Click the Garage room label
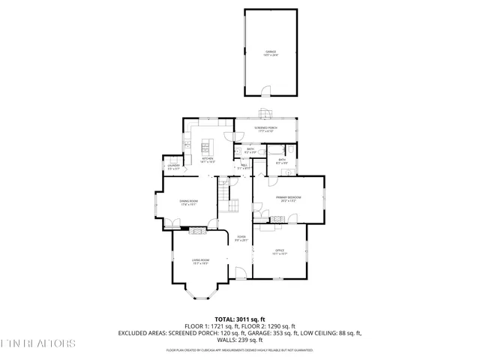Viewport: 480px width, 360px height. coord(269,53)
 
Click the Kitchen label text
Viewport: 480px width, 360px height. coord(208,159)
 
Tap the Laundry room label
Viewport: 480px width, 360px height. coord(173,168)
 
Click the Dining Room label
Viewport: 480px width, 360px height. coord(188,202)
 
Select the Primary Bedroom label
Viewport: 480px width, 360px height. coord(287,199)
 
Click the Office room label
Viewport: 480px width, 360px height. coord(279,252)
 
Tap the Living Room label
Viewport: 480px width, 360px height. coord(201,261)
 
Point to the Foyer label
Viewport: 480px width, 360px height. coord(241,239)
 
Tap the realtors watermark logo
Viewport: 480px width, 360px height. coord(37,343)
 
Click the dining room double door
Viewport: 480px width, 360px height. coord(173,222)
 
